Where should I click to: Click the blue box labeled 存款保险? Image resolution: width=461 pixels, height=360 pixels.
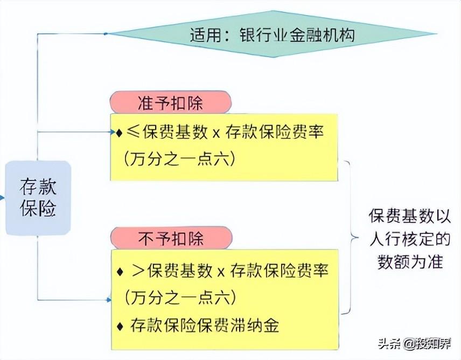[x=38, y=198]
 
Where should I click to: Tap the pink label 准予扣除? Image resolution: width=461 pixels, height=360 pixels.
[x=171, y=102]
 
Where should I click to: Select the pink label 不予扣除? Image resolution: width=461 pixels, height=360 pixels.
[x=171, y=238]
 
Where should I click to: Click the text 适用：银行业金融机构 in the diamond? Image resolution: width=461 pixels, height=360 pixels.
[x=273, y=35]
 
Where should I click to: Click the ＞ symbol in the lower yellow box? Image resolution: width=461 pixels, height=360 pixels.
[x=137, y=271]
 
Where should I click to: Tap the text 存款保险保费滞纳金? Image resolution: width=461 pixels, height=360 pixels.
[x=205, y=325]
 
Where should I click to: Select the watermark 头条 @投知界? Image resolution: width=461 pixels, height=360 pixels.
[x=415, y=343]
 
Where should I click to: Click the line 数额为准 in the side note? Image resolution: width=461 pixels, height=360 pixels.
[x=410, y=261]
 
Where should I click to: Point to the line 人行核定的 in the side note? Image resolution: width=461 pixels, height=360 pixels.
[x=410, y=239]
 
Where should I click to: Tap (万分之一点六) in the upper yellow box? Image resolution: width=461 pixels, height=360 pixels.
[x=179, y=158]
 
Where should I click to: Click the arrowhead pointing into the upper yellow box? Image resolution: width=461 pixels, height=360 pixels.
[x=111, y=132]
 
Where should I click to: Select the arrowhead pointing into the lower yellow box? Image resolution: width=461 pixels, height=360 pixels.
[x=109, y=300]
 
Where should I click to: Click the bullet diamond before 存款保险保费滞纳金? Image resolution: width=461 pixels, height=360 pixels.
[x=120, y=326]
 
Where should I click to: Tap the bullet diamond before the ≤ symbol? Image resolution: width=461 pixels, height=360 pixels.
[x=119, y=133]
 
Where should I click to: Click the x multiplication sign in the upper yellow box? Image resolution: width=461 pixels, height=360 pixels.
[x=216, y=134]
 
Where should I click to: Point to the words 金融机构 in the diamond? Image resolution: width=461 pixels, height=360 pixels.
[x=322, y=35]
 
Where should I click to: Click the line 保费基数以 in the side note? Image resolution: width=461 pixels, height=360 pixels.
[x=410, y=216]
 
